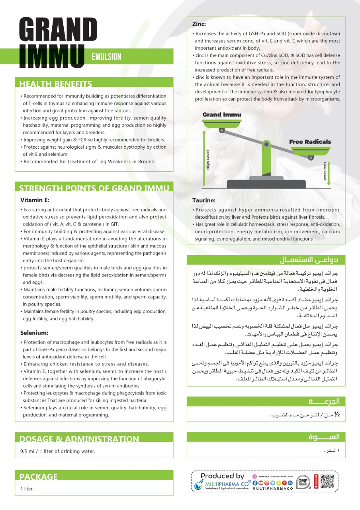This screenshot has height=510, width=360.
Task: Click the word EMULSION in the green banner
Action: [106, 57]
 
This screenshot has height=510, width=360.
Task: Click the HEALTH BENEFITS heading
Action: [56, 84]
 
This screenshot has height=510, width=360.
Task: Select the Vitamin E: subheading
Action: [35, 200]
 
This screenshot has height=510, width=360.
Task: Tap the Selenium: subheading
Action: [34, 332]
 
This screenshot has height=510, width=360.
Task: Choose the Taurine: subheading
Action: [204, 201]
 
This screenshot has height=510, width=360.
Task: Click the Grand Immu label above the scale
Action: [221, 115]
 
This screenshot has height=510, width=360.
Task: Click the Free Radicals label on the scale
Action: [310, 142]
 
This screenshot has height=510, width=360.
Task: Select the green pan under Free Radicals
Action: [311, 151]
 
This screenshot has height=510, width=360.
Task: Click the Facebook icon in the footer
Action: [255, 483]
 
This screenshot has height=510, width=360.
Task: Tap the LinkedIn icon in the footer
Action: [290, 483]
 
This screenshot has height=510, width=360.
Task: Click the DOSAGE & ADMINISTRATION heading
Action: [79, 439]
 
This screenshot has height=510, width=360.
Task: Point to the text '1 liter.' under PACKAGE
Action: [27, 489]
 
